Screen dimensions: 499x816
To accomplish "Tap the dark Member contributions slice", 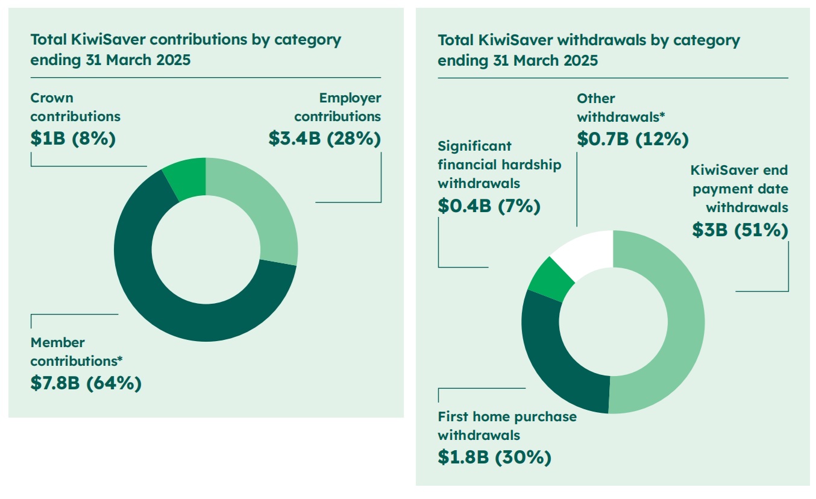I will coord(151,295).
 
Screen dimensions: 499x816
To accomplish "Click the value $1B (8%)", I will coord(73,138).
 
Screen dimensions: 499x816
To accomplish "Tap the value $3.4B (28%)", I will coord(325,138).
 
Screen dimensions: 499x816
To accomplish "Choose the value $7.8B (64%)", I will coord(86,383).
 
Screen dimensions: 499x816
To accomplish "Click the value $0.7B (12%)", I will coord(632,139).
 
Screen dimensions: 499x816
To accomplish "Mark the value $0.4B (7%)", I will coord(489,206).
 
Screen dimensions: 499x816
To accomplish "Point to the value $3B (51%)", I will coord(740,230).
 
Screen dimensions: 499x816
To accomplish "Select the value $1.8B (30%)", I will coord(494,457).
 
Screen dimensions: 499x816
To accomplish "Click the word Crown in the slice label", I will coord(52,98).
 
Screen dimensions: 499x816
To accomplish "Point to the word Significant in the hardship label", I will coord(475,146).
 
